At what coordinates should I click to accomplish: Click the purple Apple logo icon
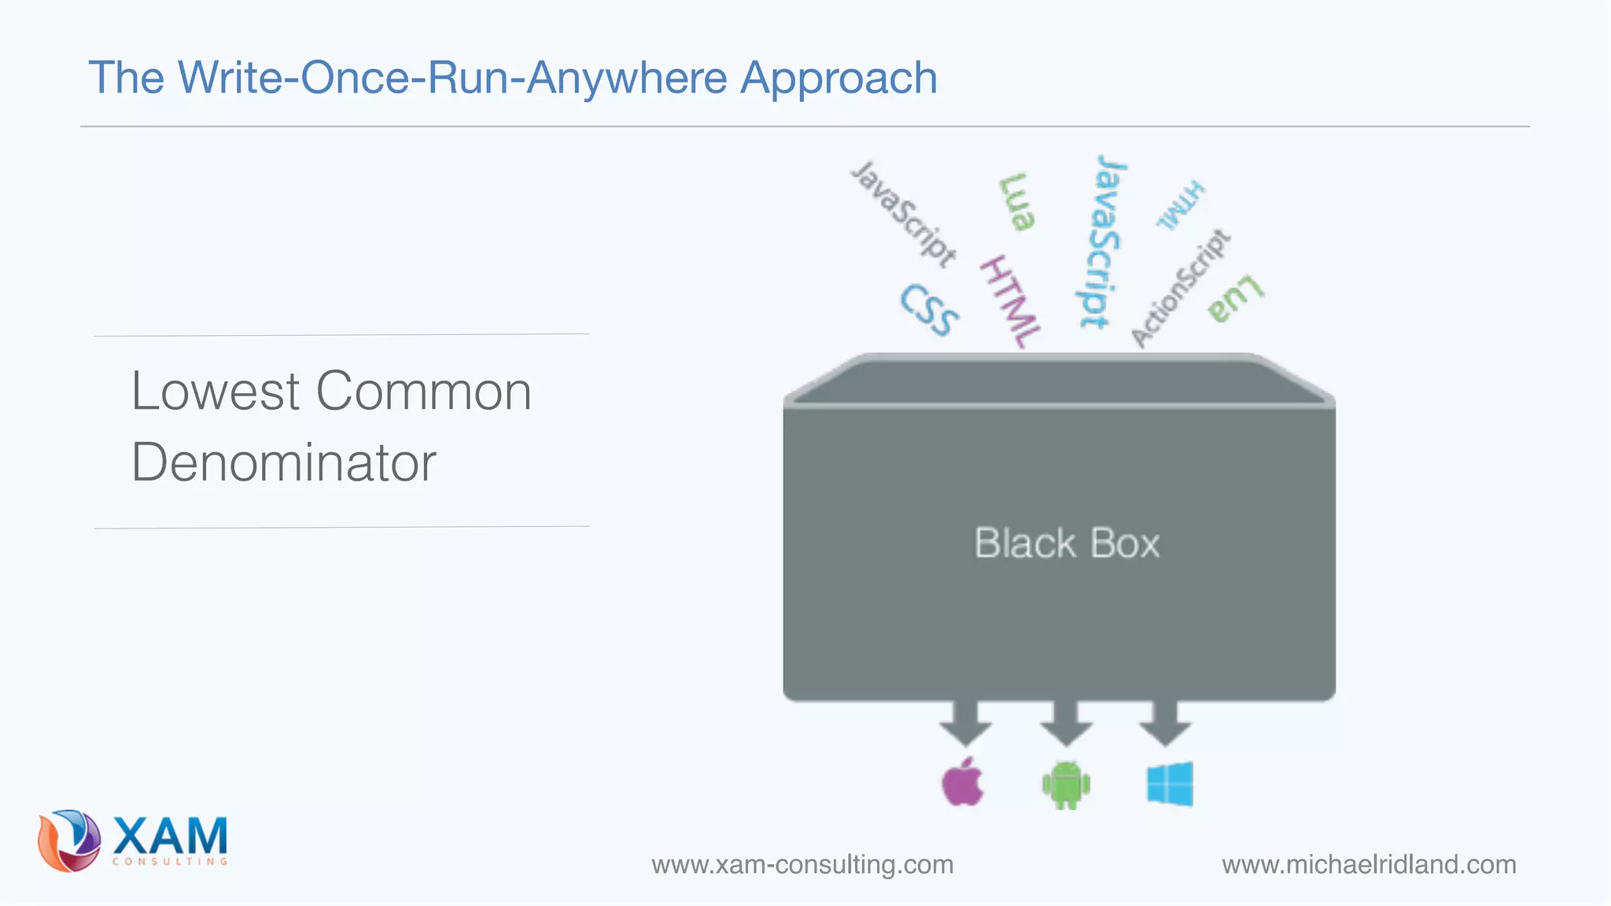click(x=963, y=783)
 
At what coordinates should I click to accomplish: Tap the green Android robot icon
click(x=1066, y=784)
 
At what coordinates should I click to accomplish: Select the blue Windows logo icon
click(x=1170, y=783)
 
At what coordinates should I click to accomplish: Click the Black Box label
click(x=1067, y=543)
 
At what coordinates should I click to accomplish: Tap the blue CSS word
click(x=930, y=310)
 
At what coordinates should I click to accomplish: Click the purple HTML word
click(x=1010, y=302)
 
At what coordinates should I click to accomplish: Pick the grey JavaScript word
click(x=905, y=213)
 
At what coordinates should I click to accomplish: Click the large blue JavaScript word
click(x=1101, y=241)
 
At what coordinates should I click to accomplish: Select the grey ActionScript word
click(x=1180, y=288)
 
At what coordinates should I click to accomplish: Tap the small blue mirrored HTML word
click(x=1180, y=205)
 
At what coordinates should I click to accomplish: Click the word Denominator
click(x=283, y=462)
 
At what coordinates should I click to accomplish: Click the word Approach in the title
click(x=839, y=78)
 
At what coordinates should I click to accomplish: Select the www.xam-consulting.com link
click(x=802, y=864)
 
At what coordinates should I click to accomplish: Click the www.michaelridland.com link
click(x=1369, y=864)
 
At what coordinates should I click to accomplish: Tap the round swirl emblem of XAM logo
click(x=69, y=841)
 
